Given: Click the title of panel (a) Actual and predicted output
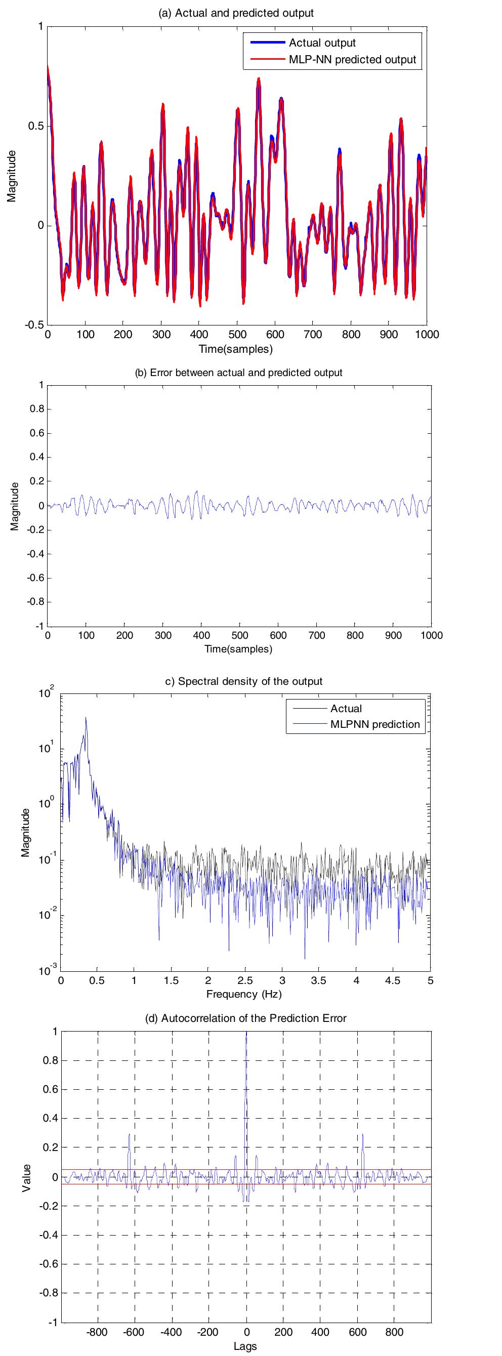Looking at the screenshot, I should pos(236,13).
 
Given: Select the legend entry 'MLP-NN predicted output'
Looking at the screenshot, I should pos(352,60).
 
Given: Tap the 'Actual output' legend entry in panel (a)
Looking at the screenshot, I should pos(322,43).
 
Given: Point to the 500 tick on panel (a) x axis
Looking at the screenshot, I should pos(237,334).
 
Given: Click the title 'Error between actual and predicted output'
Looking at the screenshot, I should pos(238,373).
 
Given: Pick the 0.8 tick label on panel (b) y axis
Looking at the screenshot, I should pos(36,409).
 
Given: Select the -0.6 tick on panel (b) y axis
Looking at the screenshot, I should pos(35,578).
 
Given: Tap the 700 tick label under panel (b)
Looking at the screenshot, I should pos(317,635).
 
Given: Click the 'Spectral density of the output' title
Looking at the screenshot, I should pos(244,681).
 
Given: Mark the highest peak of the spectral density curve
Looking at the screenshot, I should pos(85,717).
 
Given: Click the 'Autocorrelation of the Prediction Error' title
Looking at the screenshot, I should pos(246,1018).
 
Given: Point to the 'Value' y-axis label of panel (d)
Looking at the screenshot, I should pos(26,1177).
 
